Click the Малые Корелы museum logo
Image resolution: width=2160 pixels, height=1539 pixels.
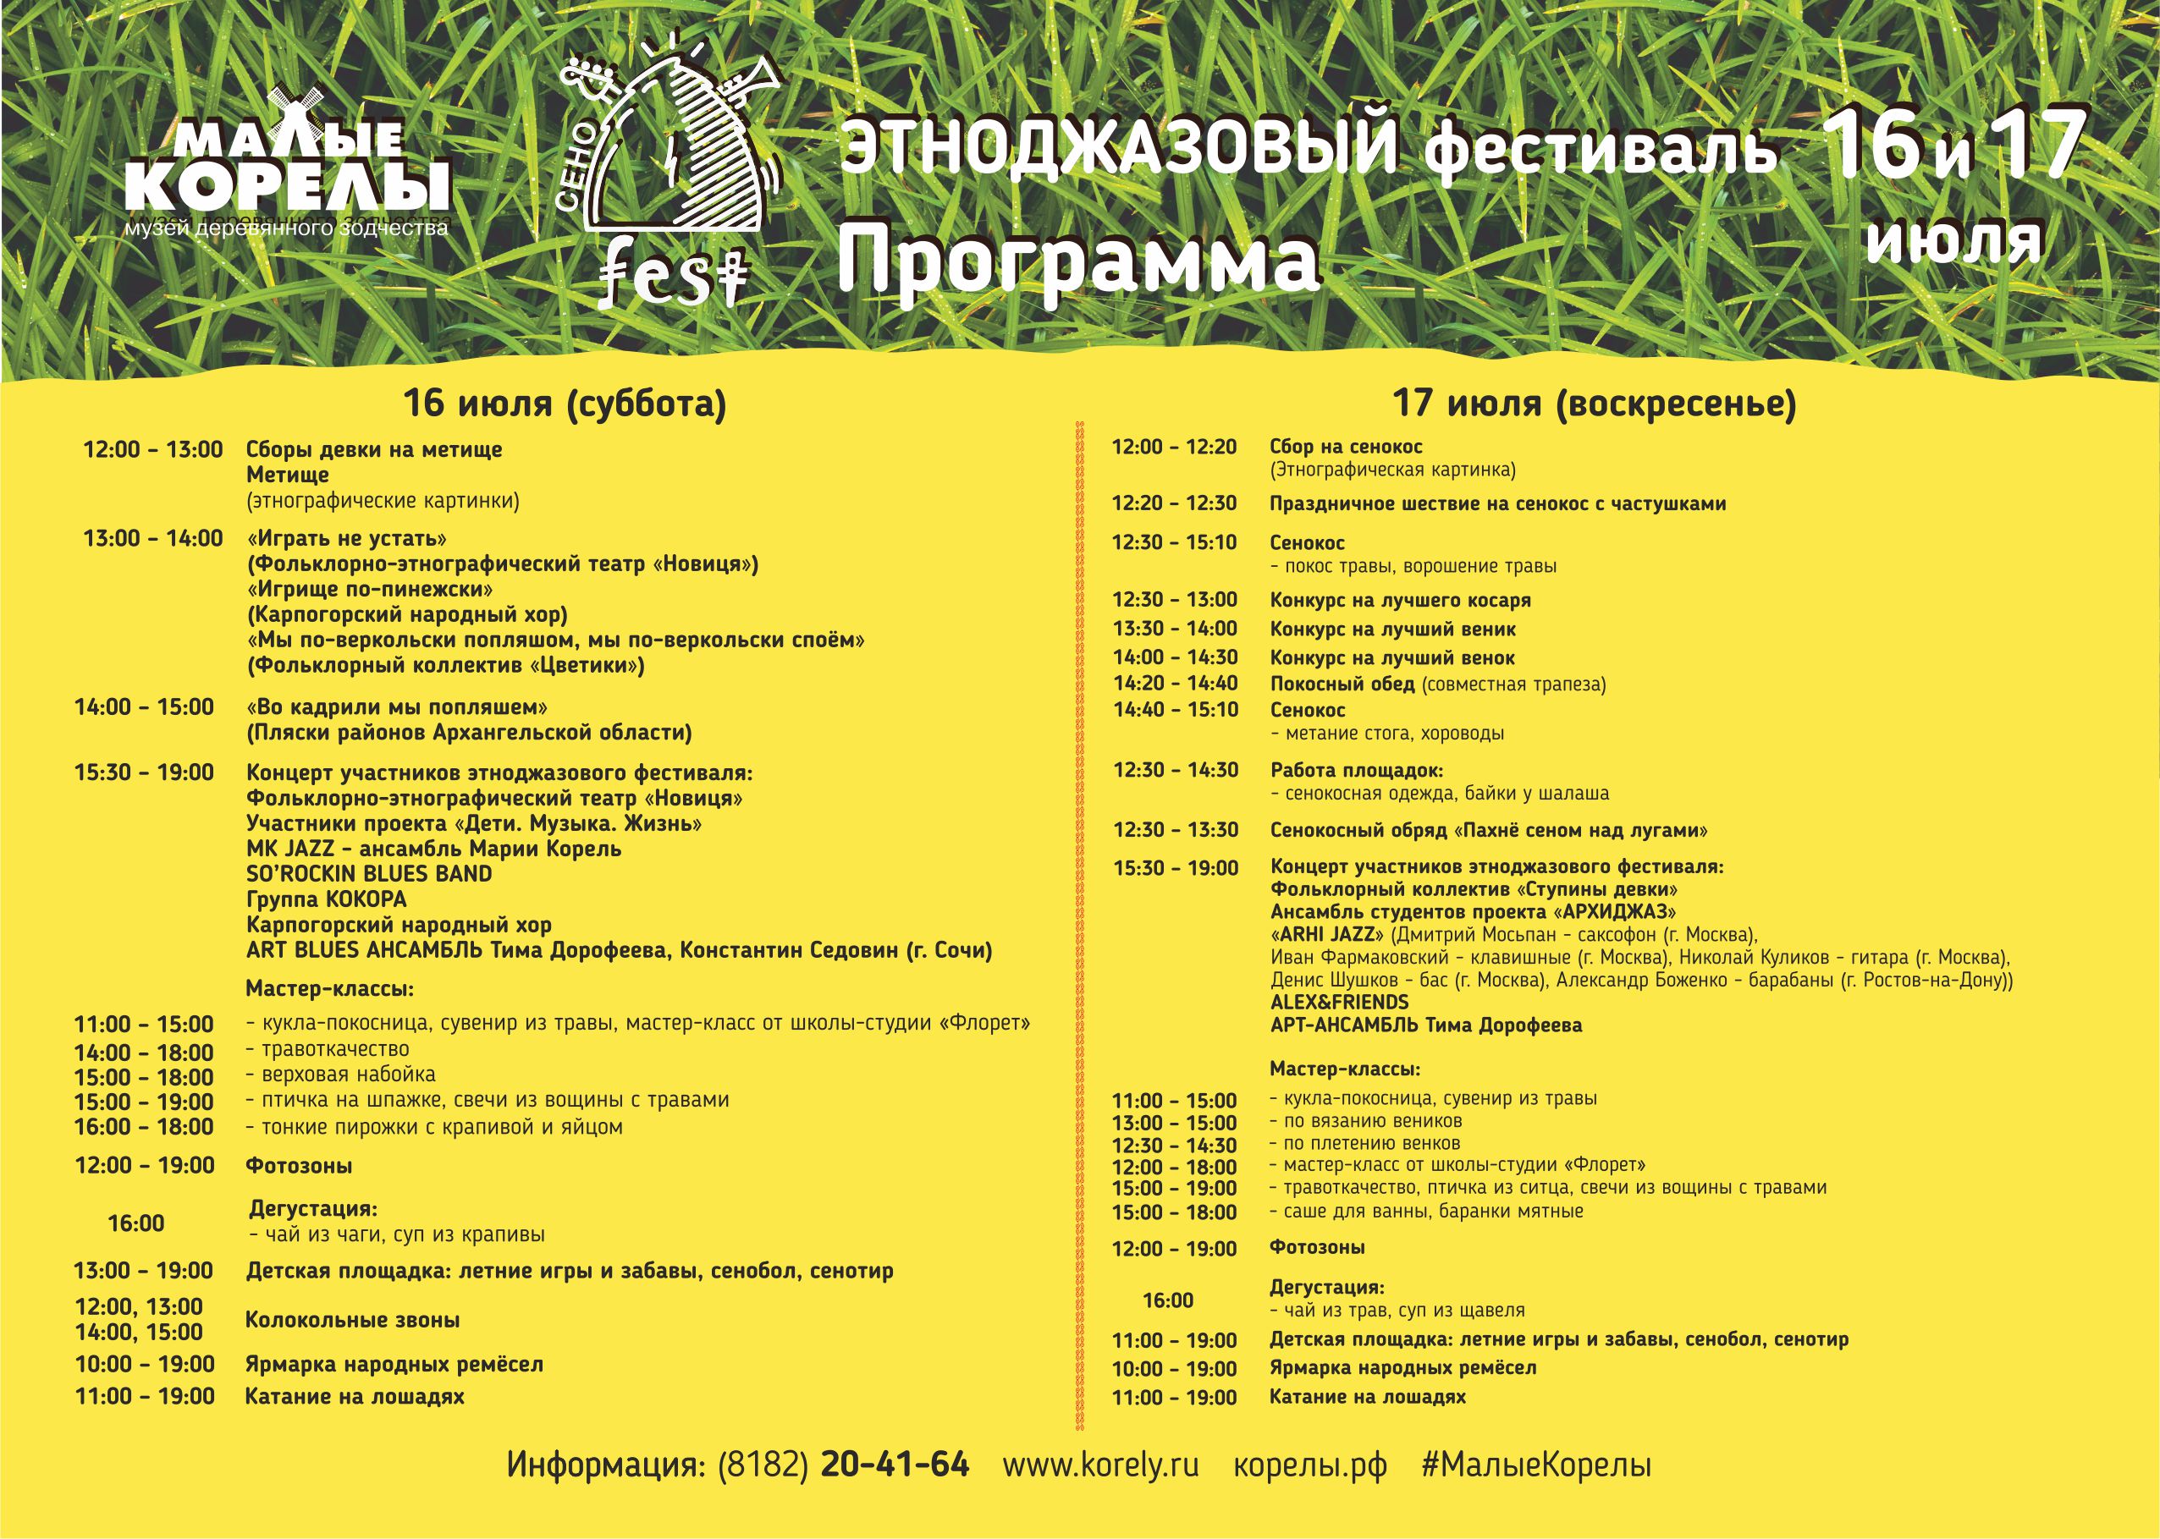pyautogui.click(x=287, y=166)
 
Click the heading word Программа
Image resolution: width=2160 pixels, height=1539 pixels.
pyautogui.click(x=1077, y=260)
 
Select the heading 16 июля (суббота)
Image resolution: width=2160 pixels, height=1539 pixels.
pyautogui.click(x=565, y=404)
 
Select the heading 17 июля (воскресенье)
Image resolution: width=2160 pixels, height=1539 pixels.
pyautogui.click(x=1594, y=404)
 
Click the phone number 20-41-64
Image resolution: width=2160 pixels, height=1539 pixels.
pyautogui.click(x=895, y=1465)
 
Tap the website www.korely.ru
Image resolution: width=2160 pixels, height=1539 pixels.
pyautogui.click(x=1100, y=1465)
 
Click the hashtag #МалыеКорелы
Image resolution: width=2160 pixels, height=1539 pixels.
pyautogui.click(x=1536, y=1465)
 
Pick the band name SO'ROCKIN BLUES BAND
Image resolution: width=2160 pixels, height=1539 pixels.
pyautogui.click(x=369, y=874)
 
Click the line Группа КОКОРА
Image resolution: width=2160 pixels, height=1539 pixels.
pyautogui.click(x=326, y=899)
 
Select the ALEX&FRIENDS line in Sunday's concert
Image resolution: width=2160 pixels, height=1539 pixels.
pyautogui.click(x=1339, y=1003)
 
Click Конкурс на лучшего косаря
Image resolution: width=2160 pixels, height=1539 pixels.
pyautogui.click(x=1400, y=600)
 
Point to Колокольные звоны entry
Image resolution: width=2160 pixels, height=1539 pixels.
pyautogui.click(x=353, y=1320)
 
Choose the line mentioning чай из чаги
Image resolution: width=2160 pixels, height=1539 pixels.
pyautogui.click(x=397, y=1234)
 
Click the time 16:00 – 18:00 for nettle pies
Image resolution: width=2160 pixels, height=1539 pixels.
pyautogui.click(x=144, y=1127)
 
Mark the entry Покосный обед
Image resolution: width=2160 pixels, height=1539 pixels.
pyautogui.click(x=1342, y=684)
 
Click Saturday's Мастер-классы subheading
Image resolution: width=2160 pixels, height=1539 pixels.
pyautogui.click(x=330, y=989)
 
